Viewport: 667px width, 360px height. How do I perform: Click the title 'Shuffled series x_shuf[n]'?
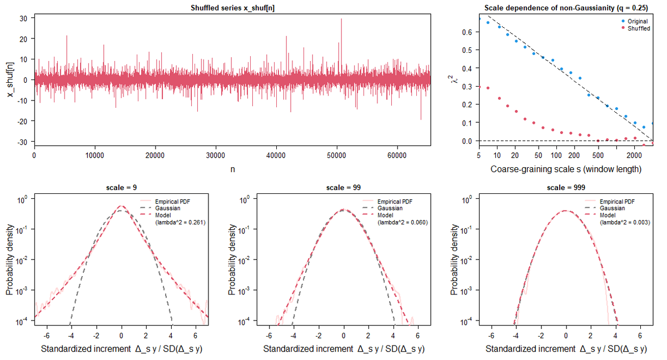[x=232, y=8]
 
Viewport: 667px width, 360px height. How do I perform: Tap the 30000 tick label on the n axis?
[x=216, y=156]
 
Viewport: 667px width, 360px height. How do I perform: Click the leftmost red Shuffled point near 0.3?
[x=479, y=87]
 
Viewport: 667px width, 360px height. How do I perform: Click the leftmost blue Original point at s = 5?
[x=479, y=19]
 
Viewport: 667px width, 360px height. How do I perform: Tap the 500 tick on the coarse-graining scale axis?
[x=598, y=156]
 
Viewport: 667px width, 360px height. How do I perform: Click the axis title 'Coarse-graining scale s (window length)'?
[x=566, y=169]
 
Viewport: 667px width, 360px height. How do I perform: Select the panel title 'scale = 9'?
[x=122, y=187]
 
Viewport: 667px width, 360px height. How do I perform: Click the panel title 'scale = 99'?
[x=344, y=187]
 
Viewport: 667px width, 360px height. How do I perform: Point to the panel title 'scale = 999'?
[x=566, y=187]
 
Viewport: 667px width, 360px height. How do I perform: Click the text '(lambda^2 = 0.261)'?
[x=181, y=222]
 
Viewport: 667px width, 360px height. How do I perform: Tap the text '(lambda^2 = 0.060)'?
[x=402, y=222]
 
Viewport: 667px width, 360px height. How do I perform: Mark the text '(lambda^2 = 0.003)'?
[x=625, y=222]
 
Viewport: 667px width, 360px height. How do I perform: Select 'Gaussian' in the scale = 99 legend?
[x=390, y=208]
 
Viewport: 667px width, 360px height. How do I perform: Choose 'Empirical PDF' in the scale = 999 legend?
[x=617, y=202]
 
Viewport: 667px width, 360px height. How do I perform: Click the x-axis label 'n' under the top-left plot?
[x=232, y=169]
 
